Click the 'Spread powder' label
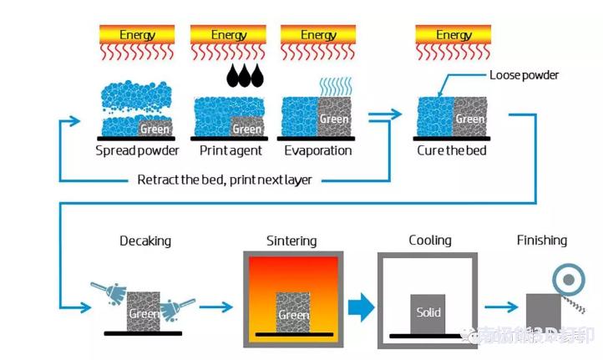136,151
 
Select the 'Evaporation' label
317,151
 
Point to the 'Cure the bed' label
452,151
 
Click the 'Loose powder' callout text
524,75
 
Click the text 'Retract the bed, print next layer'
224,180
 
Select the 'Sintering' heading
291,241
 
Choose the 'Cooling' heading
430,241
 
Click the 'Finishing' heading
541,241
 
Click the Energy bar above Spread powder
137,35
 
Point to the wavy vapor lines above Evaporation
334,86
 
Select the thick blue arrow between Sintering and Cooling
359,308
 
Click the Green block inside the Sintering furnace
293,312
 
